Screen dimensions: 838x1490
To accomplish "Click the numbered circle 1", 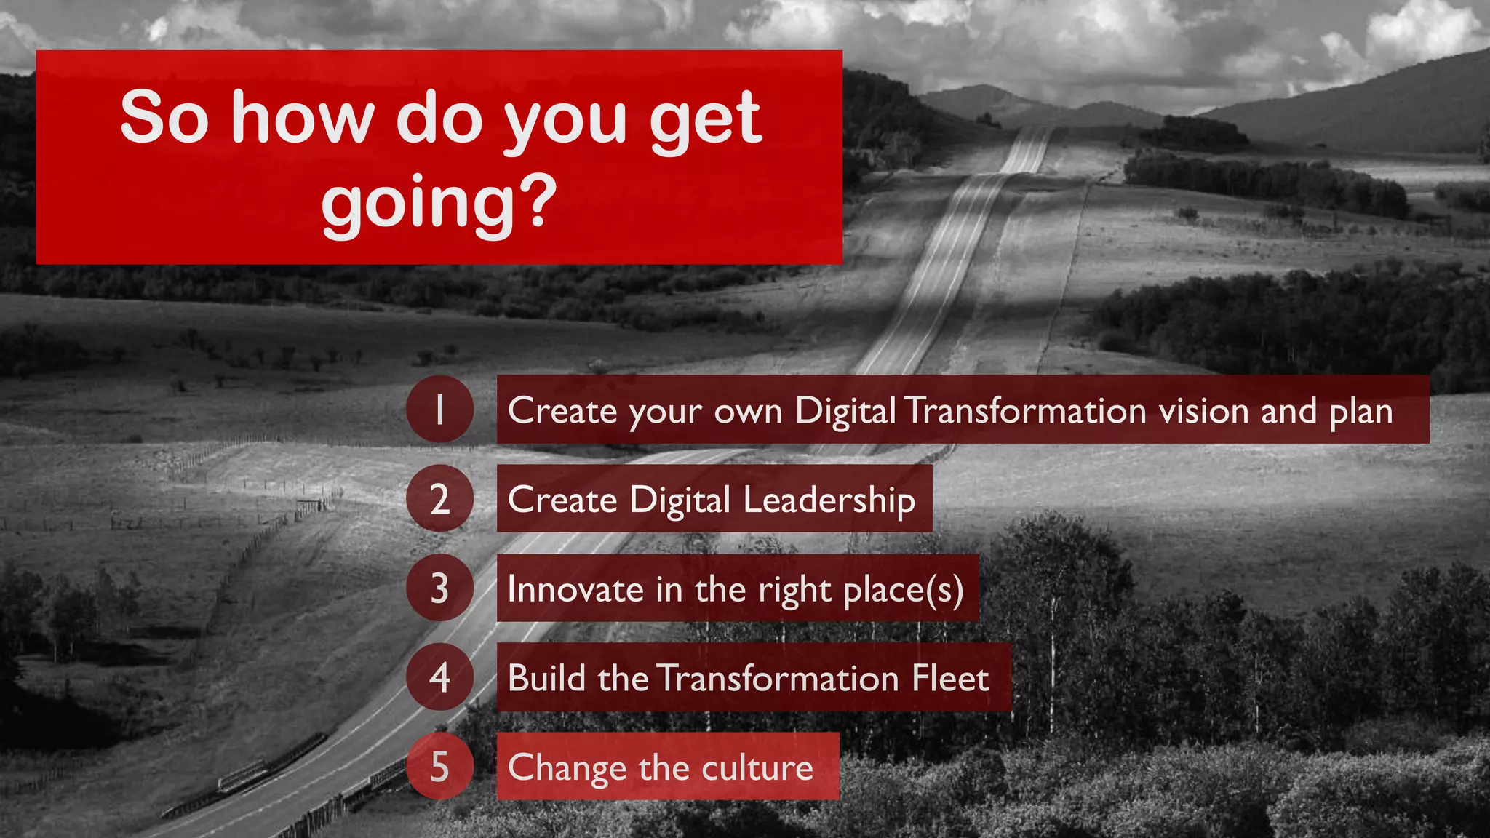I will [x=439, y=410].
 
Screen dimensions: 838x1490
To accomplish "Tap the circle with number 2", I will [x=439, y=499].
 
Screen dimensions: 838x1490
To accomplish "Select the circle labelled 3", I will [x=439, y=588].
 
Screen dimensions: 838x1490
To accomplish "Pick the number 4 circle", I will [x=439, y=677].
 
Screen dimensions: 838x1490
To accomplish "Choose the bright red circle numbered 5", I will [x=439, y=767].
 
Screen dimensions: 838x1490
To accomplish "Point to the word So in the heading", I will [x=164, y=118].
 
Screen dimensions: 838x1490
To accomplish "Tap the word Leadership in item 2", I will [x=829, y=500].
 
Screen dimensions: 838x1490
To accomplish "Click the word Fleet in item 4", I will [x=950, y=678].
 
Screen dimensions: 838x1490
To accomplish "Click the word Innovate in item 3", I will [x=575, y=589].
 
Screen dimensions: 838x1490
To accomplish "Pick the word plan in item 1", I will [x=1360, y=412].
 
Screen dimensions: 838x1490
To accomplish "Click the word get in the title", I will [x=705, y=120].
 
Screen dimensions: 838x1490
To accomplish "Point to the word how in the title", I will [x=302, y=118].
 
